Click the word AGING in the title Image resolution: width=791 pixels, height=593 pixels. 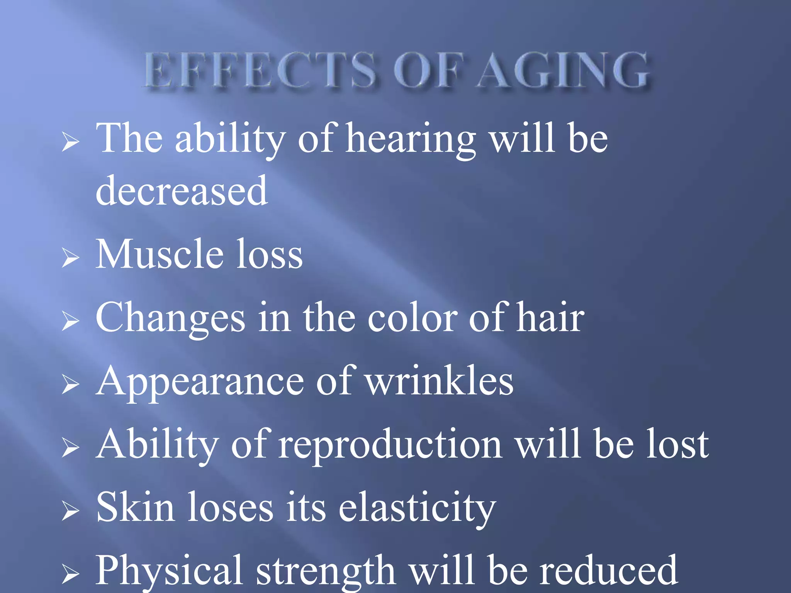563,71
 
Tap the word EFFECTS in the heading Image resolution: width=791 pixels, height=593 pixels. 260,71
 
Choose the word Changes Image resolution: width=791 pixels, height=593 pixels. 170,318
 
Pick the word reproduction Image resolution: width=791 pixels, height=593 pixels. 390,446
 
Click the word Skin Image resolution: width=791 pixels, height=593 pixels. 135,507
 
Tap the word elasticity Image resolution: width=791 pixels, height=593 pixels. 417,508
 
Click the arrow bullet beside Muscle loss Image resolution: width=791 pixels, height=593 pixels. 70,258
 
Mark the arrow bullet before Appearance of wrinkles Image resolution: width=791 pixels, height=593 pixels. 70,385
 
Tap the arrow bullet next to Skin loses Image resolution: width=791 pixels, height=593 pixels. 70,511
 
